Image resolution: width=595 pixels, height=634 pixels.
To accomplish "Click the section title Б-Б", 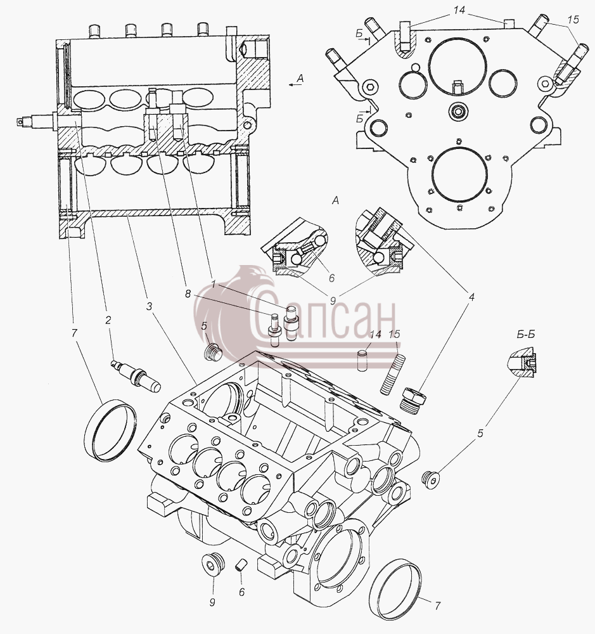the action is (525, 334).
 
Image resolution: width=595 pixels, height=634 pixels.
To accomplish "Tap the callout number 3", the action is (149, 307).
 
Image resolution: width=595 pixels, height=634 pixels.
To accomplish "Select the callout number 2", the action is (108, 320).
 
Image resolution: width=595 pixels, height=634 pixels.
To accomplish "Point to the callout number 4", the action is (471, 297).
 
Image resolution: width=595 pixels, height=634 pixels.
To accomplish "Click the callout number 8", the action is (188, 294).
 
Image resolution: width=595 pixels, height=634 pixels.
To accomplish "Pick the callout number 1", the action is (214, 285).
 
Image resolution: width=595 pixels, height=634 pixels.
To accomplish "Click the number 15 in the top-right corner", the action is (573, 19).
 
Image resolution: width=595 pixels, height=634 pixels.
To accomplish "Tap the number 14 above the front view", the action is (459, 10).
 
